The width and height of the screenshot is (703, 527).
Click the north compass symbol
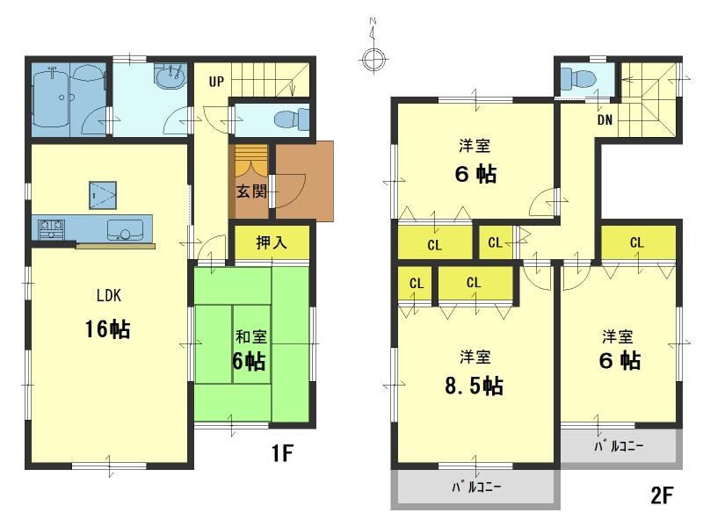click(x=373, y=58)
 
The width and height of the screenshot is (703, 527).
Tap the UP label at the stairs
click(x=216, y=83)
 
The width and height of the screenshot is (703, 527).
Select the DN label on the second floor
click(x=605, y=119)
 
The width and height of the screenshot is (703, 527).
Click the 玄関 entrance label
click(x=250, y=191)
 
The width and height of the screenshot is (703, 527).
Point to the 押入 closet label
click(x=272, y=242)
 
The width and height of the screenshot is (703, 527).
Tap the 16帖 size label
click(x=108, y=329)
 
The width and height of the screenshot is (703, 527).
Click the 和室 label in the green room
click(x=250, y=335)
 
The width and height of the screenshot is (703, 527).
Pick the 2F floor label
click(x=662, y=495)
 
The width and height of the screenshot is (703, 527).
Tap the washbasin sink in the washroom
click(x=168, y=77)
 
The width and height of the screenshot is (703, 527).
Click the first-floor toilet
click(x=290, y=119)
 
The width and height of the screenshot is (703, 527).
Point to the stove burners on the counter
click(x=49, y=228)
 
